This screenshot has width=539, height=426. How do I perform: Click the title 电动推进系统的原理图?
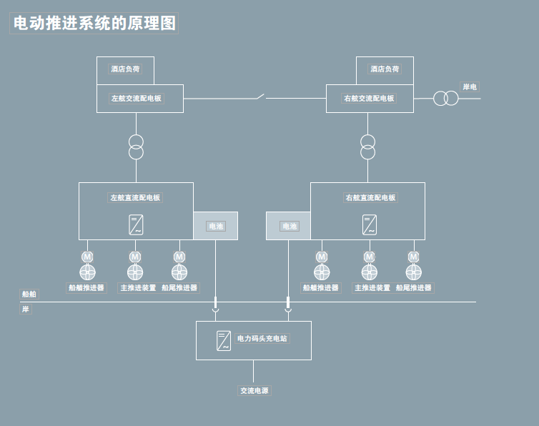(x=94, y=23)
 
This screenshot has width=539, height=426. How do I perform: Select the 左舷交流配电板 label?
(x=136, y=98)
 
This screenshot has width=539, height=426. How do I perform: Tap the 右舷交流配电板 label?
(x=369, y=98)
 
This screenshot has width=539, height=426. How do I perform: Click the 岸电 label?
(x=470, y=86)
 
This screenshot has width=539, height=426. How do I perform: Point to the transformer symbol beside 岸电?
(x=445, y=98)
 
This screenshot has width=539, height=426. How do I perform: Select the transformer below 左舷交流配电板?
(x=136, y=147)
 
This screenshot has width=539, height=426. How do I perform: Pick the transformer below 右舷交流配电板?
(x=367, y=147)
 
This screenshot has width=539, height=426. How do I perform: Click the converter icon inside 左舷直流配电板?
(x=136, y=224)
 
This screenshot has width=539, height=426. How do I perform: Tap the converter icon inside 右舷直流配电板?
(x=370, y=224)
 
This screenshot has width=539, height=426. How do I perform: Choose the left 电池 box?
(x=215, y=226)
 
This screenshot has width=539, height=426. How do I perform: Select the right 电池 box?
(x=289, y=226)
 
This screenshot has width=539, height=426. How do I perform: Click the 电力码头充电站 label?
(x=262, y=338)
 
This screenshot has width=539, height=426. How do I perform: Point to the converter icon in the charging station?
(x=224, y=340)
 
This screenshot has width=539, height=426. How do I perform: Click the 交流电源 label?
(x=254, y=390)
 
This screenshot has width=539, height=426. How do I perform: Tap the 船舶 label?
(x=29, y=294)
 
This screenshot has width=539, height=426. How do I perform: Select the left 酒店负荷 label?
(x=125, y=69)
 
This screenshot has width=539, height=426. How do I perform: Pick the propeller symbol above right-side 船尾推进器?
(x=413, y=272)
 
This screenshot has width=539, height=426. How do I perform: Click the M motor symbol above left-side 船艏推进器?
(x=87, y=257)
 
